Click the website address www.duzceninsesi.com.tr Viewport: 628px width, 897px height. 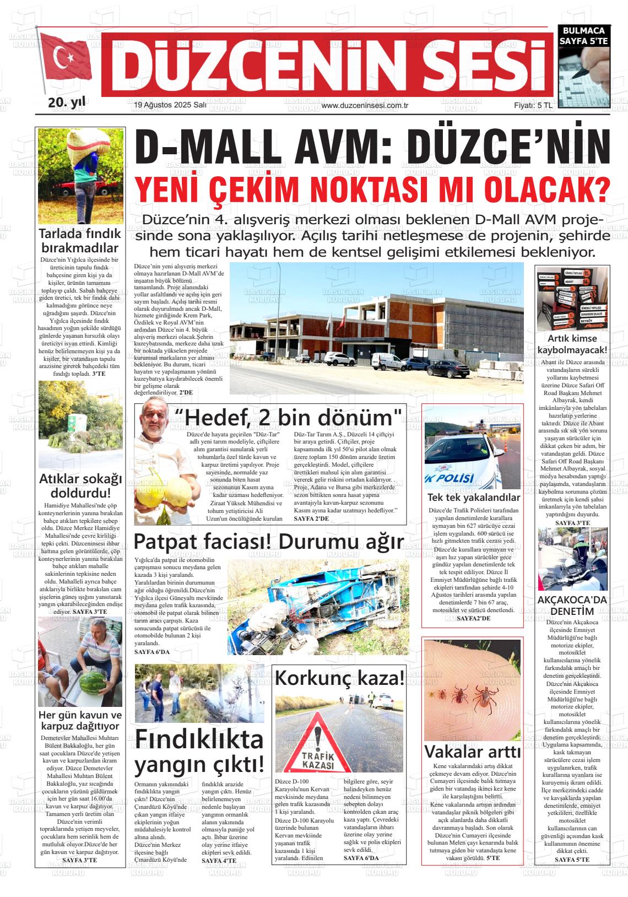[364, 105]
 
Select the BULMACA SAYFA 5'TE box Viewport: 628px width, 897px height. [583, 36]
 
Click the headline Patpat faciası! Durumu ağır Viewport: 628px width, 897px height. [269, 542]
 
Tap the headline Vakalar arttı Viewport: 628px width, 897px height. [472, 752]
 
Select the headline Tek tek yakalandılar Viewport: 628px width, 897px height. [473, 498]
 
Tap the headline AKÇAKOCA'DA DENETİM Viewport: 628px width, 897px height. [572, 606]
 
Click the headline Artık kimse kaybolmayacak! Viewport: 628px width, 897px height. [572, 344]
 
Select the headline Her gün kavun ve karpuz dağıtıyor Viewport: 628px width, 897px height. [80, 720]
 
